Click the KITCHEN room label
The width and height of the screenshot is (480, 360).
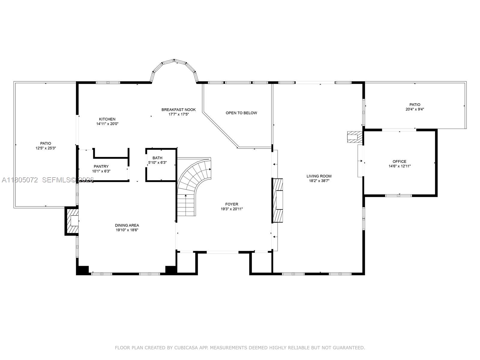coord(107,119)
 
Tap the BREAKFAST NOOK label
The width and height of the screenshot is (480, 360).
coord(178,109)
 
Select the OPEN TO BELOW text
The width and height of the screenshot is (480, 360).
coord(241,113)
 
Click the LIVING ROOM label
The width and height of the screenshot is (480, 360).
coord(319,176)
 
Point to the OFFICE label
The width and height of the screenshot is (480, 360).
coord(399,161)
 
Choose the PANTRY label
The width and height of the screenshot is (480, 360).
coord(101,166)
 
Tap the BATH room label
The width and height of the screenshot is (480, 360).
coord(157,158)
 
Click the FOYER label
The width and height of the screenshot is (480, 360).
coord(232,204)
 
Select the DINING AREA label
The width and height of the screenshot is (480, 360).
coord(127,225)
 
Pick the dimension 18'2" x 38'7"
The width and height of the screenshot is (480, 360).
coord(319,181)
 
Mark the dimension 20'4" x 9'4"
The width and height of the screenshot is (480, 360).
coord(415,109)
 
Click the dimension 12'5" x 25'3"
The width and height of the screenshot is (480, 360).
coord(46,148)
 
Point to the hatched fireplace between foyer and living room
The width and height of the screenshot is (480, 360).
coord(277,200)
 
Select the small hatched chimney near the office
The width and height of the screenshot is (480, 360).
coord(354,137)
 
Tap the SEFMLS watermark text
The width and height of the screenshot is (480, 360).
coord(59,180)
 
